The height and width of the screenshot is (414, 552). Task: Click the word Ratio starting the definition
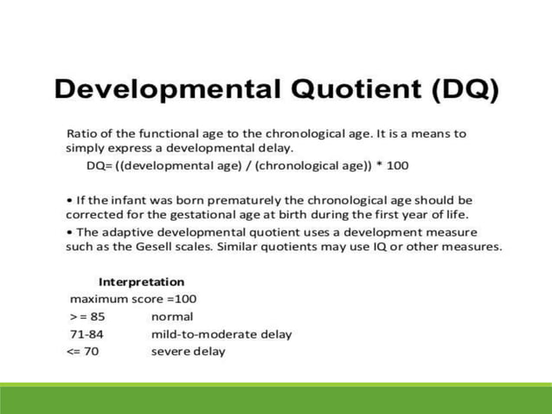click(x=82, y=133)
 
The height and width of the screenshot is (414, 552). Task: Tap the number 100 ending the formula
click(x=396, y=165)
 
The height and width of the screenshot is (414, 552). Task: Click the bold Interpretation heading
click(x=141, y=281)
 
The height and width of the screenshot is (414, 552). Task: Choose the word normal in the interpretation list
click(x=172, y=316)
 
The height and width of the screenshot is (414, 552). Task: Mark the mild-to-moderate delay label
click(x=221, y=333)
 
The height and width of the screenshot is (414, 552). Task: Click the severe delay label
click(x=188, y=351)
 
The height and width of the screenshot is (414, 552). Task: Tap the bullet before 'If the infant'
click(x=69, y=200)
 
